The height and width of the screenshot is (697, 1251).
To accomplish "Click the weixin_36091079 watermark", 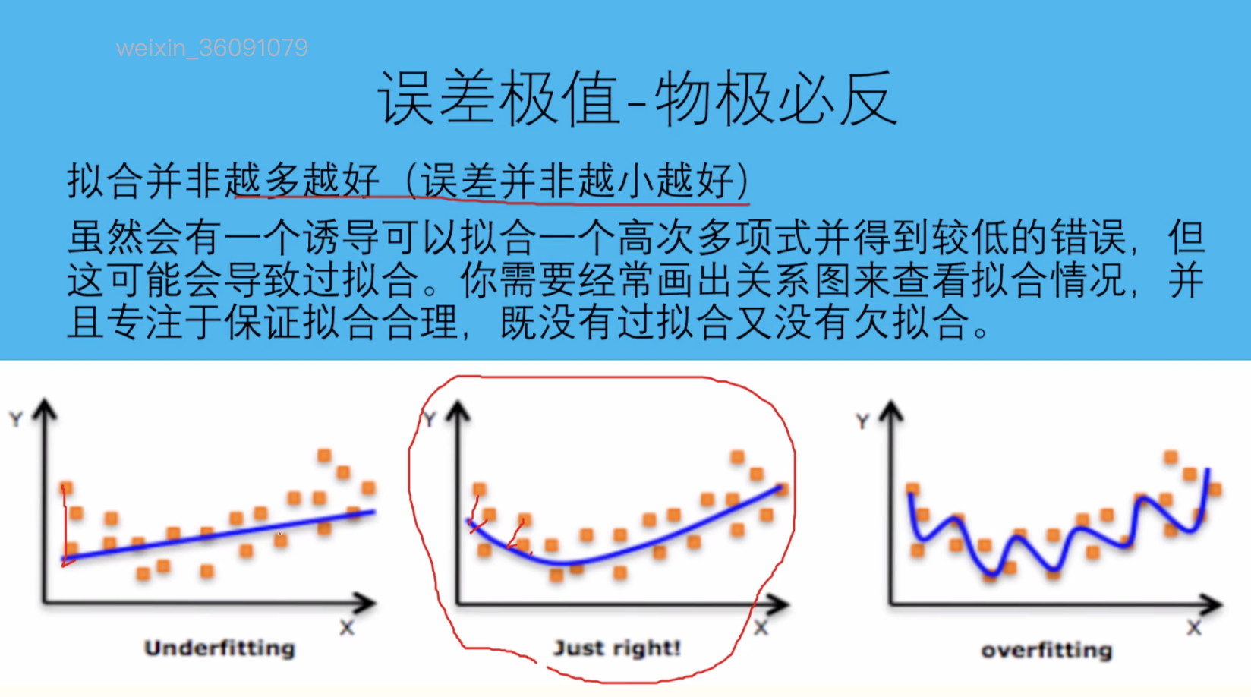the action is tap(212, 48).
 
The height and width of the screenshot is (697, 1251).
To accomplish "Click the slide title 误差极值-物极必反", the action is tap(638, 98).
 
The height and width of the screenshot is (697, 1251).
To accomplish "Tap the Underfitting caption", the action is tap(219, 648).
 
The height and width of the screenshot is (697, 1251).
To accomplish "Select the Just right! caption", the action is tap(617, 648).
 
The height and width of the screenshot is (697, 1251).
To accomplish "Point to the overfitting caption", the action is tap(1047, 650).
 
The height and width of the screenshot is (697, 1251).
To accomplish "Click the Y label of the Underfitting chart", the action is tap(16, 419).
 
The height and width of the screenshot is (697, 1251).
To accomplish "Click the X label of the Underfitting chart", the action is tap(347, 628).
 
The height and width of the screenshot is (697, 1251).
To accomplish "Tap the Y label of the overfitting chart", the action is tap(863, 421).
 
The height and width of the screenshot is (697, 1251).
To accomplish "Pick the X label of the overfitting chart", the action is tap(1194, 628).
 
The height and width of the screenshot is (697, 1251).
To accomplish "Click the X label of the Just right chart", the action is tap(761, 628).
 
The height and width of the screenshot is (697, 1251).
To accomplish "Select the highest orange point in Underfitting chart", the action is tap(324, 455).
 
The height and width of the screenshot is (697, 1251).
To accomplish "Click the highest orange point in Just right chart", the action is tap(737, 457).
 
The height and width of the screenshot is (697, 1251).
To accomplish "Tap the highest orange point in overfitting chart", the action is tap(1171, 457).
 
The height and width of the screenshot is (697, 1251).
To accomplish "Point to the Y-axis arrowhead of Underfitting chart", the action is tap(46, 408).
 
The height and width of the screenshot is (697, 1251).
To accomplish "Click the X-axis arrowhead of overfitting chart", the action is tap(1212, 604).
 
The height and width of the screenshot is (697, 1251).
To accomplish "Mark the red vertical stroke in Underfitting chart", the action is tap(65, 525).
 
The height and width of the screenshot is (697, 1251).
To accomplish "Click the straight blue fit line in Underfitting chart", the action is tap(218, 535).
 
